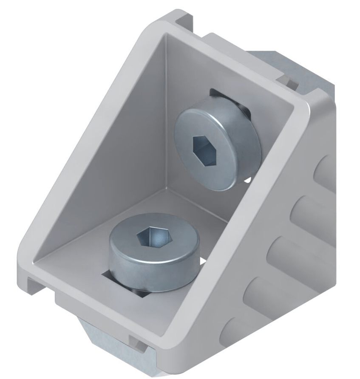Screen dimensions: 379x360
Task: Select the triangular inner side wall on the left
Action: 111,140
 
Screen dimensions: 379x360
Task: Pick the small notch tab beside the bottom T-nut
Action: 136,342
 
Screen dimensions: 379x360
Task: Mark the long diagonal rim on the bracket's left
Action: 85,140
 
